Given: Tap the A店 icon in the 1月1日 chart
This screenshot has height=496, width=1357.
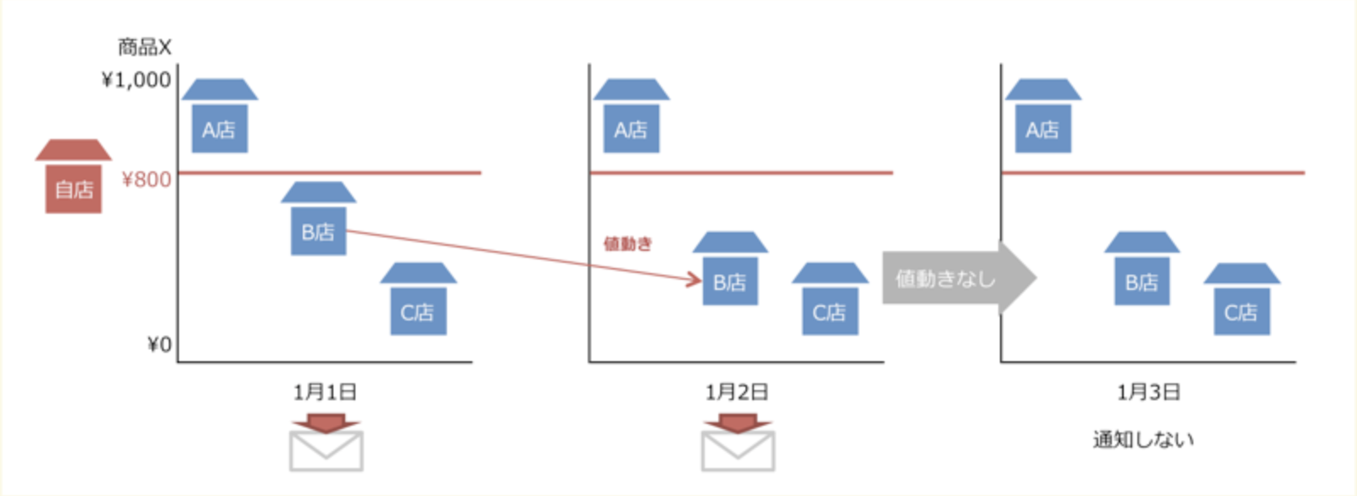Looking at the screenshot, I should pos(220,119).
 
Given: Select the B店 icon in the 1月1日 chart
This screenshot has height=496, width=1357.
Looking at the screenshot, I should pos(318,220).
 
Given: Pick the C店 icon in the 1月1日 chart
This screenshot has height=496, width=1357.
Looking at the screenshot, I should pos(418,301).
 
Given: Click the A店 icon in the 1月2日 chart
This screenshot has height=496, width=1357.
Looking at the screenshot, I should pos(631,119).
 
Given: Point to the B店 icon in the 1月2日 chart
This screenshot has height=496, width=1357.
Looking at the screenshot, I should pos(730,271).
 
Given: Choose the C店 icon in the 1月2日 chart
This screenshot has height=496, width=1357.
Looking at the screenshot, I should pos(829,301).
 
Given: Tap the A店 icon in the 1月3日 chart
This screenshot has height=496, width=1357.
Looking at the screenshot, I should pos(1042,119).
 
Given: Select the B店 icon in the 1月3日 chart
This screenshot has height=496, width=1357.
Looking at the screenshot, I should pos(1142,271).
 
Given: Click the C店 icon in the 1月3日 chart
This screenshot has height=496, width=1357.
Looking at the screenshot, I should pos(1242,301).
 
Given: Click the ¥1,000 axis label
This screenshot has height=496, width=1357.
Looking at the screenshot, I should pos(136,80).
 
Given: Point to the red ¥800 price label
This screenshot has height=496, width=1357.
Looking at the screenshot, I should pos(146,180).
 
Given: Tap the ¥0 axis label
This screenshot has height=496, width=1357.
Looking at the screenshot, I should pos(159,344).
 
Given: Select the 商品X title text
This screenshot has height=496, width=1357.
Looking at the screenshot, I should pos(144,47).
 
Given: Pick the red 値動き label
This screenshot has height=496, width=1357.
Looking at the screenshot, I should pos(628,244).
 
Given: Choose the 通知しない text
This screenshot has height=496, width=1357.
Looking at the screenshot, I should pos(1143,439).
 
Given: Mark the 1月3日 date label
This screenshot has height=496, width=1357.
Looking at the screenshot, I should pos(1148,392).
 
